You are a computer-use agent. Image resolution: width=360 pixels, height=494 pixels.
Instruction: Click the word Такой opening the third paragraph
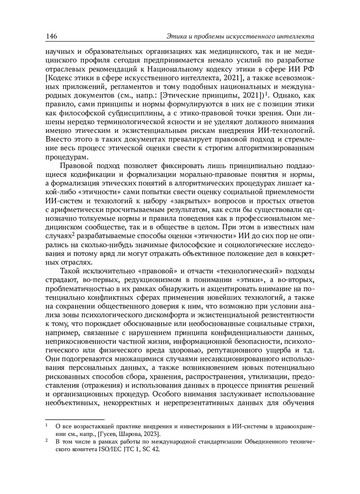coord(70,271)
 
